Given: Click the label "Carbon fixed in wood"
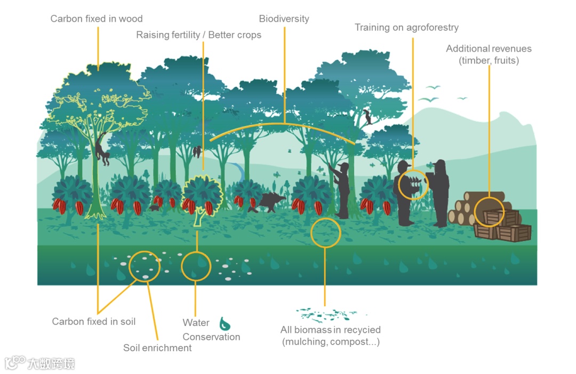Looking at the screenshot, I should pyautogui.click(x=97, y=19).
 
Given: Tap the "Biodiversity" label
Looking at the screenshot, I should pyautogui.click(x=284, y=19).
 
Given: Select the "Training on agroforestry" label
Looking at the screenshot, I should pyautogui.click(x=406, y=27).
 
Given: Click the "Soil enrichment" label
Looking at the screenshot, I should pyautogui.click(x=157, y=348).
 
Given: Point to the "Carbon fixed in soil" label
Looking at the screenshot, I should pyautogui.click(x=94, y=322).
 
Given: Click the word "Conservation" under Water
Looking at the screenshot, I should pyautogui.click(x=211, y=337).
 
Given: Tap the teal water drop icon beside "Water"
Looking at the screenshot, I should pyautogui.click(x=225, y=323).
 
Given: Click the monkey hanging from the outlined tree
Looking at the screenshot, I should pyautogui.click(x=101, y=150).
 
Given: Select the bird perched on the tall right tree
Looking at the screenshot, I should pyautogui.click(x=367, y=116).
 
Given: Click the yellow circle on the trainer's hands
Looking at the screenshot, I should pyautogui.click(x=413, y=185).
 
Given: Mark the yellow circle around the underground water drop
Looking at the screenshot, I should pyautogui.click(x=196, y=265).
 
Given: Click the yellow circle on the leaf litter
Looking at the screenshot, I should pyautogui.click(x=325, y=233).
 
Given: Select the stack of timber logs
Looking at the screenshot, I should pyautogui.click(x=469, y=208).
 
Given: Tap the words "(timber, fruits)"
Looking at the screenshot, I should pyautogui.click(x=489, y=60).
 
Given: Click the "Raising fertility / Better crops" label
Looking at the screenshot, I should pyautogui.click(x=198, y=35).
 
